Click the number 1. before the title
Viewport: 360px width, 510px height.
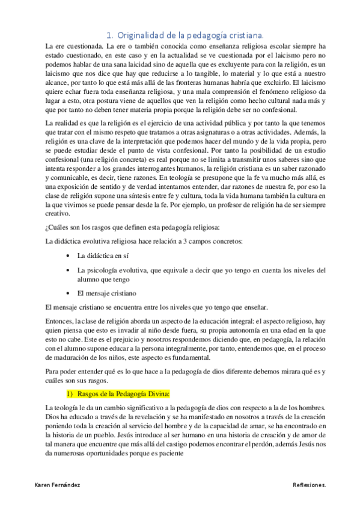109,35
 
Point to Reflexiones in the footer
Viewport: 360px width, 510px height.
310,484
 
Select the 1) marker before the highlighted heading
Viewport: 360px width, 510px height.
70,376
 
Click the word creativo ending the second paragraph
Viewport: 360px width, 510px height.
58,212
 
